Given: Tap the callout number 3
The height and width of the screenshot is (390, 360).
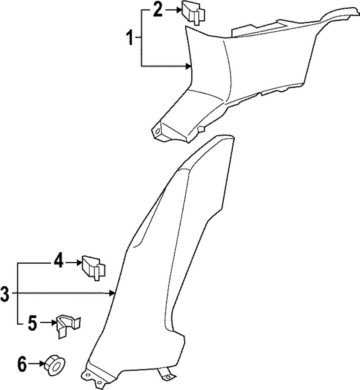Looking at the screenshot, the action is pyautogui.click(x=5, y=294).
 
